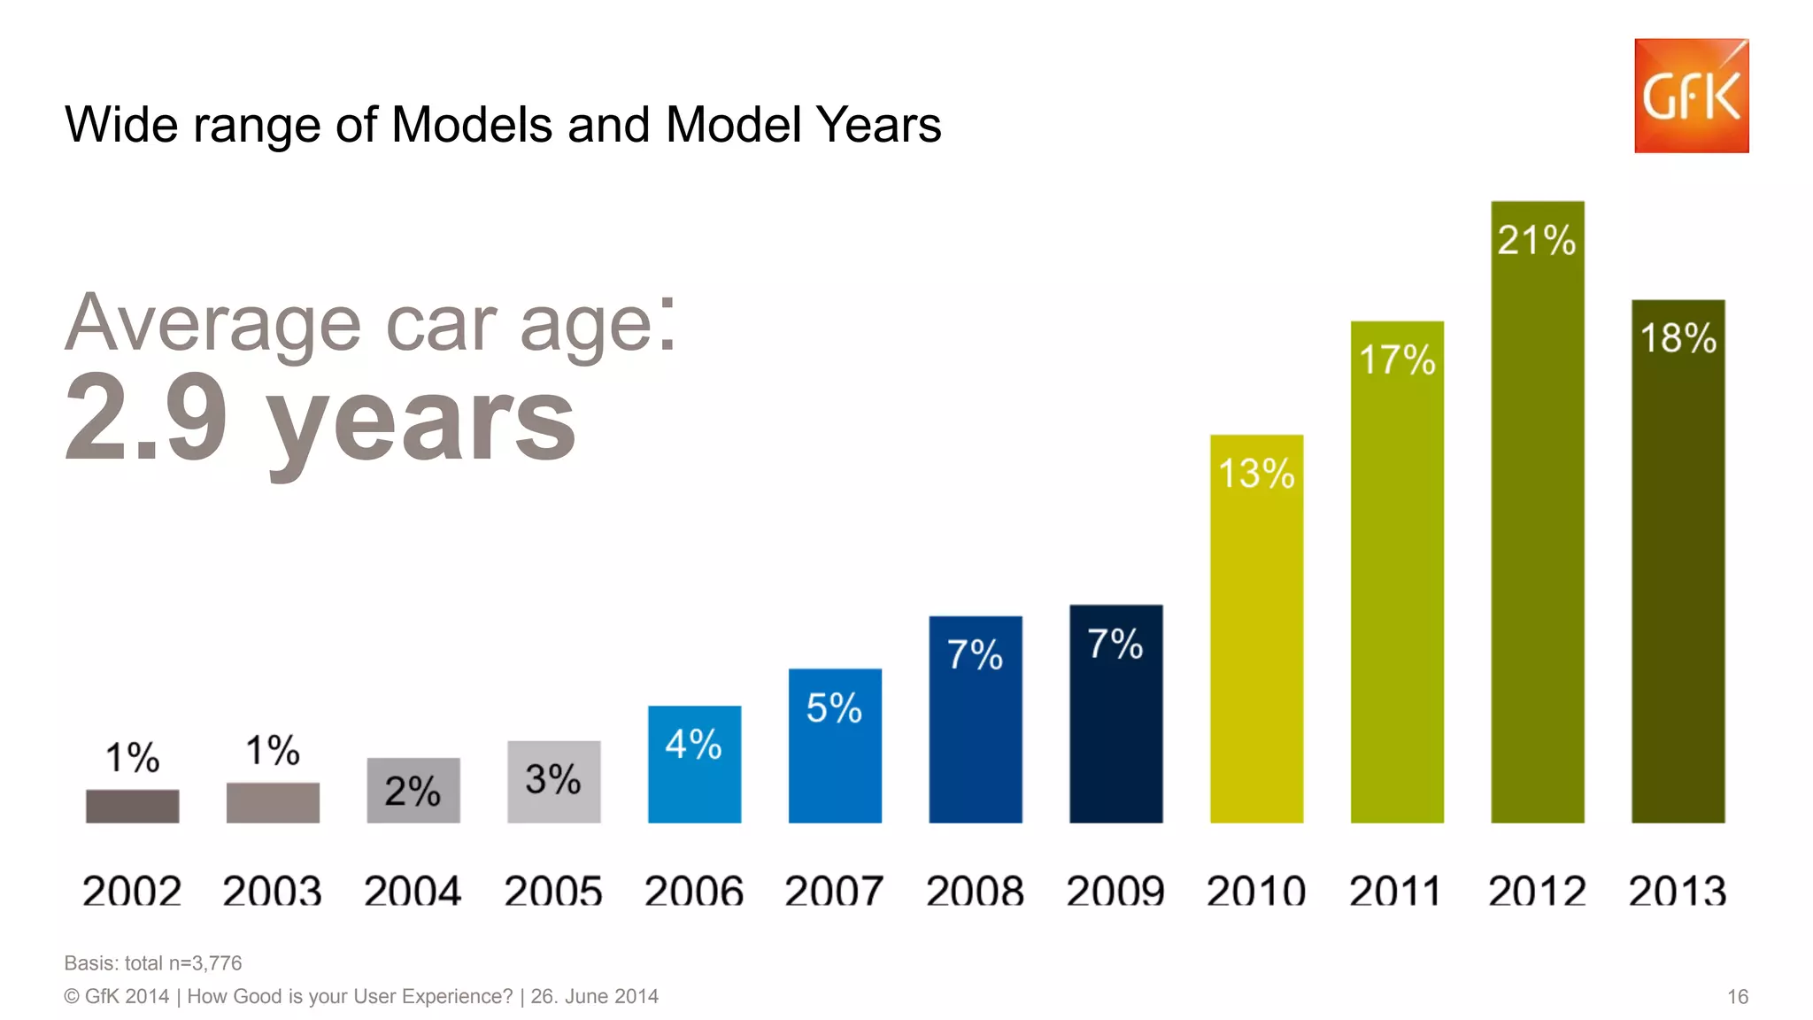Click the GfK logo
coord(1691,96)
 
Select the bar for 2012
coord(1537,531)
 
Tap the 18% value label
coord(1678,338)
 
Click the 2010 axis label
coord(1255,891)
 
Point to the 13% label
coord(1255,474)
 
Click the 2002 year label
coord(132,891)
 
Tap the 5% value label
coord(834,708)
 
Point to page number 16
coord(1737,997)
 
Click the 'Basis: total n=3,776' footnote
coord(153,963)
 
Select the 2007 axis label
coord(834,891)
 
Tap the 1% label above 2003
coord(273,751)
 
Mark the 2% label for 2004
coord(413,791)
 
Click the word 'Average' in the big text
coord(213,323)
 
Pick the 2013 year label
coord(1677,891)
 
